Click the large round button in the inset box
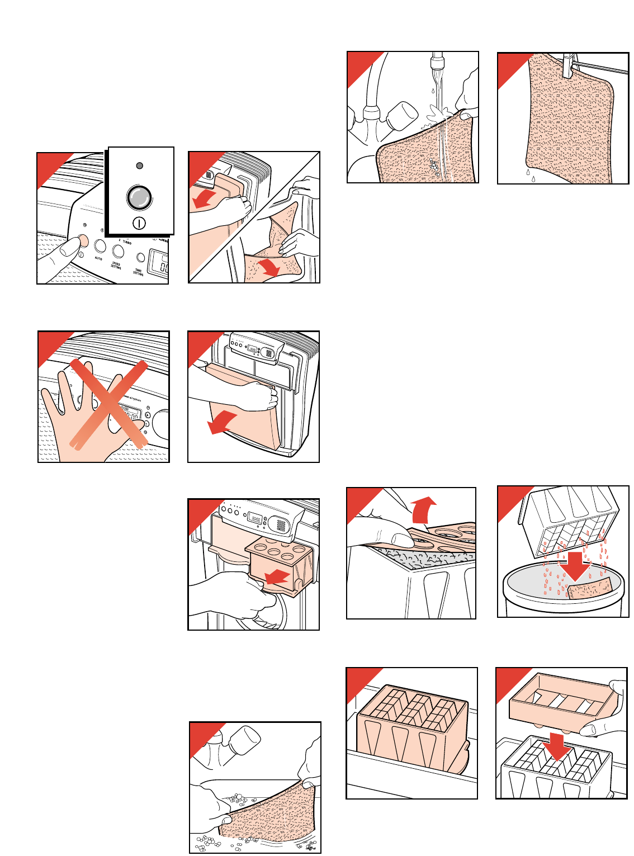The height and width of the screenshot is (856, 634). (139, 197)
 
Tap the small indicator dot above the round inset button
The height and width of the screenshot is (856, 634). (140, 165)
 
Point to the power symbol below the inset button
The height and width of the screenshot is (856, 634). (139, 224)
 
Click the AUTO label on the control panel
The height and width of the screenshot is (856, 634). (98, 259)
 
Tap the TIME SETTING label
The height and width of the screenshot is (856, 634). (138, 272)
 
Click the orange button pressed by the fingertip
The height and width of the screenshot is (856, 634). (83, 240)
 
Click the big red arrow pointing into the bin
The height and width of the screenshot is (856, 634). (574, 565)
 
